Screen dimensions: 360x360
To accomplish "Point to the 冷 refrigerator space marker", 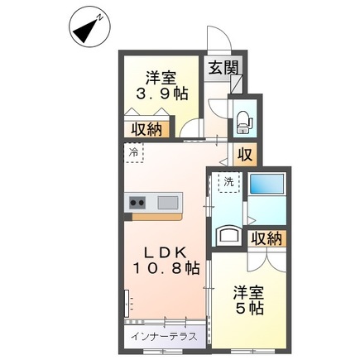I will click(133, 152).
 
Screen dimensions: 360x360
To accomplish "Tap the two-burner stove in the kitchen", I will click(137, 203).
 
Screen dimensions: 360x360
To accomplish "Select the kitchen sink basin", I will click(168, 203).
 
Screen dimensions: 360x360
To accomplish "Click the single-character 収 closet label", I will click(246, 154).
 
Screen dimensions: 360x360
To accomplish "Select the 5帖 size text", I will click(247, 308).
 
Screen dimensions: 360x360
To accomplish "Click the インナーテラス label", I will click(163, 338).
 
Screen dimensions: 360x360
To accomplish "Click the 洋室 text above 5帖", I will click(247, 291).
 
